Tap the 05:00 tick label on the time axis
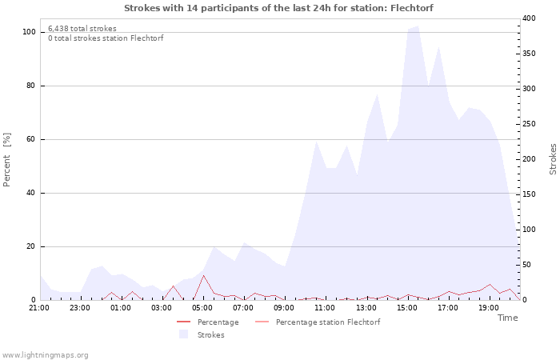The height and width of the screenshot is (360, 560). click(202, 307)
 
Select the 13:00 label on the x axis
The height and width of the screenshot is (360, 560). click(366, 307)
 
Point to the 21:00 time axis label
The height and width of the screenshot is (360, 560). click(39, 307)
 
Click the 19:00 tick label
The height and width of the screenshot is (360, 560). click(488, 307)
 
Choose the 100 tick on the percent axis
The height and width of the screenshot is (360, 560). click(29, 32)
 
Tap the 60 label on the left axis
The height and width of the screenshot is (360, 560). click(31, 139)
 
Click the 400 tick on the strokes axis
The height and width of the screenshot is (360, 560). click(528, 18)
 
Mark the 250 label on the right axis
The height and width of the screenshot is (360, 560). click(528, 124)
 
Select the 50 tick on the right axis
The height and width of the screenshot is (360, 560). click(526, 265)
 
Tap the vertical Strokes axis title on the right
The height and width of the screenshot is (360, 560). click(553, 159)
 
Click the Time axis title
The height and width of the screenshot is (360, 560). click(507, 318)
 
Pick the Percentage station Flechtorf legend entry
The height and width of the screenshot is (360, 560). click(327, 322)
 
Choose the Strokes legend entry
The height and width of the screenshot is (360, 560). click(210, 335)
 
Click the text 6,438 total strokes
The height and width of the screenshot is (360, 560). click(82, 29)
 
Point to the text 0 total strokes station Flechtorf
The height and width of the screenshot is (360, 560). click(106, 38)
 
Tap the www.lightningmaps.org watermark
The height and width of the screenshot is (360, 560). click(46, 354)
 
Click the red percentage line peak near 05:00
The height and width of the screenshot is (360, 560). click(203, 275)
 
